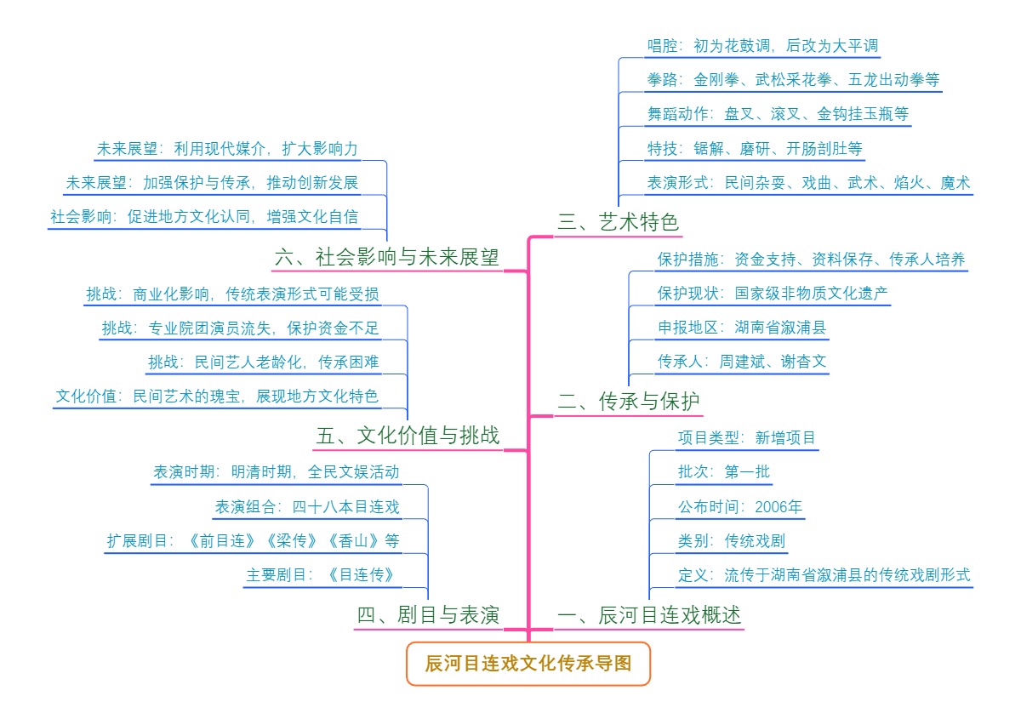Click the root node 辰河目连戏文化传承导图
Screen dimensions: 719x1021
pos(528,664)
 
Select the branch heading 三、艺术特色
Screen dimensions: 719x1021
pos(619,222)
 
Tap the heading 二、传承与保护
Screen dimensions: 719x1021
pos(629,402)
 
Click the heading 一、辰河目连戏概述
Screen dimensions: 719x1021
pos(649,615)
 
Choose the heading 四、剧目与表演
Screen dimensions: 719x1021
pos(428,615)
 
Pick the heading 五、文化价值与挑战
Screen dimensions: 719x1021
pos(408,437)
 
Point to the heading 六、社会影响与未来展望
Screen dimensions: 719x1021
pos(387,257)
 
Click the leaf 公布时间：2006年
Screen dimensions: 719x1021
pos(739,508)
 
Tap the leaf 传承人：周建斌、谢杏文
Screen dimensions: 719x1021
pos(741,361)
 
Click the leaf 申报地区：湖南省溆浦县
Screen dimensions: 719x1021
pos(741,327)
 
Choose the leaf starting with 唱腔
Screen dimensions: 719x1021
pos(761,46)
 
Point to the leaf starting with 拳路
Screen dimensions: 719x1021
pos(793,80)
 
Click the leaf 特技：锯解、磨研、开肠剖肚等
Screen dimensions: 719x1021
pos(755,149)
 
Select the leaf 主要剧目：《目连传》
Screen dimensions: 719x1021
pos(322,574)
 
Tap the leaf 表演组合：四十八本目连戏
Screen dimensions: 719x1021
pos(306,507)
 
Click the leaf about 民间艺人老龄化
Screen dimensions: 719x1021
pos(263,362)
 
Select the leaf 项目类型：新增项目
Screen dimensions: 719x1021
pos(746,438)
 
